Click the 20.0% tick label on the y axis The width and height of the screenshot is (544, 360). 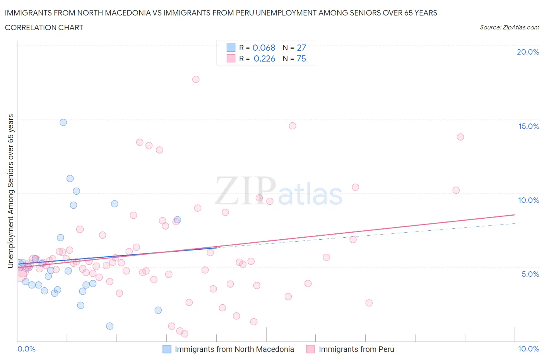pyautogui.click(x=528, y=52)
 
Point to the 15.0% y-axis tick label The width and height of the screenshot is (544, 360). pyautogui.click(x=529, y=127)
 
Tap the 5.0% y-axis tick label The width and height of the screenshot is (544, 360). pyautogui.click(x=530, y=274)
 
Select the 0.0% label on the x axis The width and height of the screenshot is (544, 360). pyautogui.click(x=26, y=349)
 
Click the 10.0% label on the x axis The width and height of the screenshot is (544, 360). pyautogui.click(x=529, y=349)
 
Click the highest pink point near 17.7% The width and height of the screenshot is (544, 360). pyautogui.click(x=196, y=79)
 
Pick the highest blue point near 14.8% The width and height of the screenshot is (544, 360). pyautogui.click(x=63, y=122)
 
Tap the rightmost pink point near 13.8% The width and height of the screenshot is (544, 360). pyautogui.click(x=460, y=137)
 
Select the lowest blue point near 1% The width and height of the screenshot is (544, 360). pyautogui.click(x=110, y=326)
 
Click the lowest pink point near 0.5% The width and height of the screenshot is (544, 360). pyautogui.click(x=185, y=334)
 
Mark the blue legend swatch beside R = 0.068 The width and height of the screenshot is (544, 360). pyautogui.click(x=231, y=48)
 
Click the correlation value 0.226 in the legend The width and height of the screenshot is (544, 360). pyautogui.click(x=264, y=59)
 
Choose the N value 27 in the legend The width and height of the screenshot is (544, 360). pyautogui.click(x=301, y=48)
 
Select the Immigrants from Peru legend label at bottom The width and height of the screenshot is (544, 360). pyautogui.click(x=356, y=349)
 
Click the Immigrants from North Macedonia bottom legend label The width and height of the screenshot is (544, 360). pyautogui.click(x=234, y=349)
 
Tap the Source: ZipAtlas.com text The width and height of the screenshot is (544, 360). pyautogui.click(x=509, y=27)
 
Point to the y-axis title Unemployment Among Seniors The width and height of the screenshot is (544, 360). pyautogui.click(x=11, y=191)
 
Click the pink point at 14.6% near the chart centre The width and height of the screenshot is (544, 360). pyautogui.click(x=293, y=126)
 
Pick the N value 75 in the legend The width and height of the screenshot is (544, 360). pyautogui.click(x=301, y=59)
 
